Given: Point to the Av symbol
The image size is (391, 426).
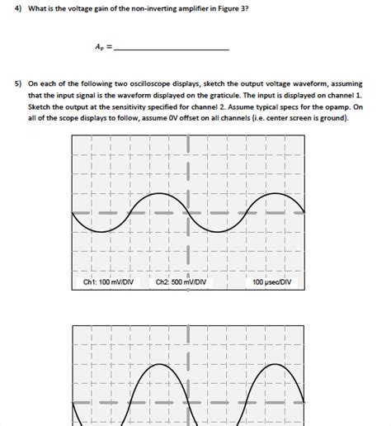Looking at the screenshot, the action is [100, 47].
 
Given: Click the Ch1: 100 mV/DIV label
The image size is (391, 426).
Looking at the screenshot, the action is [109, 282].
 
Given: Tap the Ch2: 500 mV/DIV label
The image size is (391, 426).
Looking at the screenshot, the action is [180, 282].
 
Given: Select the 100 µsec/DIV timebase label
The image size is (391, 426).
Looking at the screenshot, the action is [273, 282].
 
